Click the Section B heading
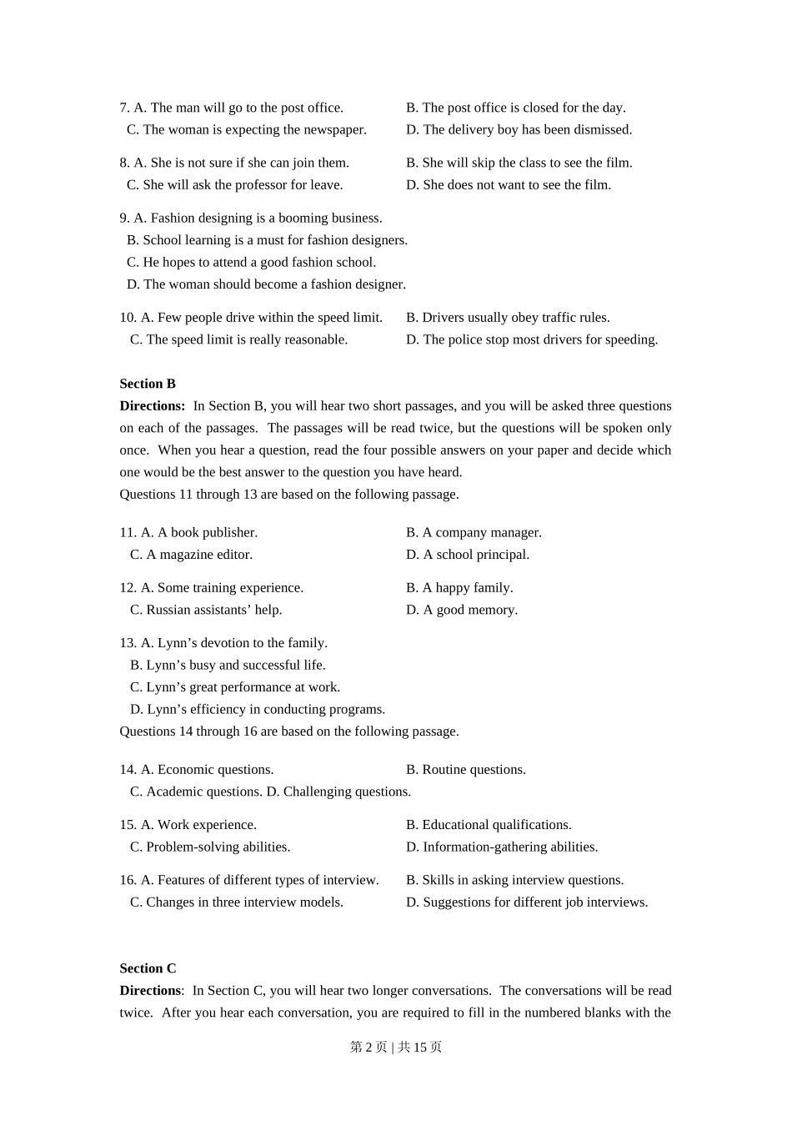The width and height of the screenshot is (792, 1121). [148, 384]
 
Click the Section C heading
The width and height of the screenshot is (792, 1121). [148, 968]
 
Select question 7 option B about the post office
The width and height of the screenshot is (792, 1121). [515, 108]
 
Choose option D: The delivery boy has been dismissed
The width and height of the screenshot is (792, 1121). [519, 129]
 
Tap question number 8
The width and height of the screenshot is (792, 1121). [124, 163]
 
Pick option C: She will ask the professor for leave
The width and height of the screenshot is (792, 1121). [234, 184]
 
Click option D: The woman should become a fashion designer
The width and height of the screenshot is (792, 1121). [266, 284]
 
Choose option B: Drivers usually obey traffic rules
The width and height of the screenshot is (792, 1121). [508, 317]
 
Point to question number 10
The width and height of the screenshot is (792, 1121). [128, 317]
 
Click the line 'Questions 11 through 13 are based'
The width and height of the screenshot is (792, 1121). [288, 494]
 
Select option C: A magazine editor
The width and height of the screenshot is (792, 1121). [191, 554]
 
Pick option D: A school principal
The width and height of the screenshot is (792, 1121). [467, 554]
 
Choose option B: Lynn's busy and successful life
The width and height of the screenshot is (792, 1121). [228, 665]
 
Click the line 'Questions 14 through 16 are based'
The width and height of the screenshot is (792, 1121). [288, 731]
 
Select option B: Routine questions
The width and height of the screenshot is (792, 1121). [465, 769]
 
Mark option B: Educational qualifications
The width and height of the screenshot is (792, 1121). [489, 824]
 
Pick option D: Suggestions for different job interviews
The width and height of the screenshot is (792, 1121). [527, 902]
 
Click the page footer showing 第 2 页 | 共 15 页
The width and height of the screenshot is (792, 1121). [396, 1047]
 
